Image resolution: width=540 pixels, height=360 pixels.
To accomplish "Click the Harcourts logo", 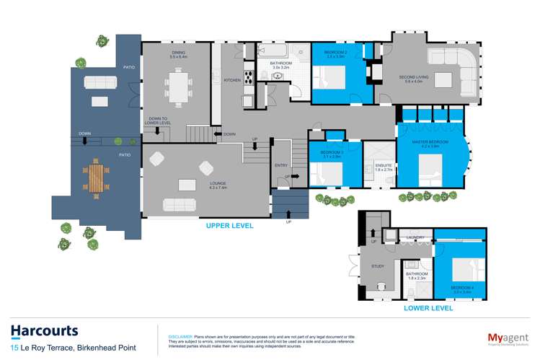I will [x=44, y=332].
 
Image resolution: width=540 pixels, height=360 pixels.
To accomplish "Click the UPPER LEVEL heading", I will [x=230, y=226].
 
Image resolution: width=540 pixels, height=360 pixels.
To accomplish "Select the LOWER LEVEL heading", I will [x=430, y=308].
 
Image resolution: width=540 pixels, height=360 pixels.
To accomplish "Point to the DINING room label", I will [x=177, y=53].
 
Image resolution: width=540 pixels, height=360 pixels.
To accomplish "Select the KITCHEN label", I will [x=231, y=80].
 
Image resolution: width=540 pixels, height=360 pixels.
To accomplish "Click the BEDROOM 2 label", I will [x=337, y=53].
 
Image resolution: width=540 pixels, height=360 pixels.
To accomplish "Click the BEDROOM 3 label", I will [x=332, y=152].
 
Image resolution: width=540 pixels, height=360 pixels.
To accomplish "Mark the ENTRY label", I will [x=280, y=165].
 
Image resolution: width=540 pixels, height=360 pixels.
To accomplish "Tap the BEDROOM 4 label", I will [x=462, y=287].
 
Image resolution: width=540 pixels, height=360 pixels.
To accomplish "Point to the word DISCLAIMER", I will [x=180, y=336].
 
